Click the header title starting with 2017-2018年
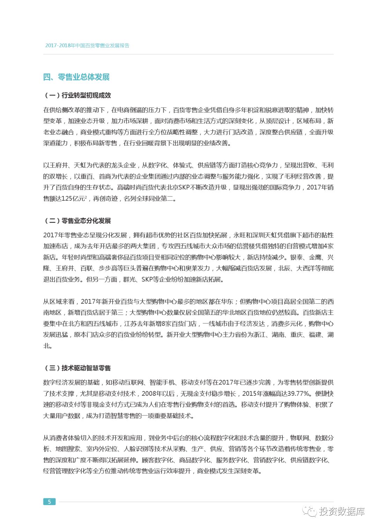point(87,46)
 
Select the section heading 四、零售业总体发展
point(76,77)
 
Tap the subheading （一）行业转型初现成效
point(77,95)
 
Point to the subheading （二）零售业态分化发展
point(77,221)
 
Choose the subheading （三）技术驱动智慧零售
point(77,368)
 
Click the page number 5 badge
point(49,501)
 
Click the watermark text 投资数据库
point(342,512)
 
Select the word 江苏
point(130,324)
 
